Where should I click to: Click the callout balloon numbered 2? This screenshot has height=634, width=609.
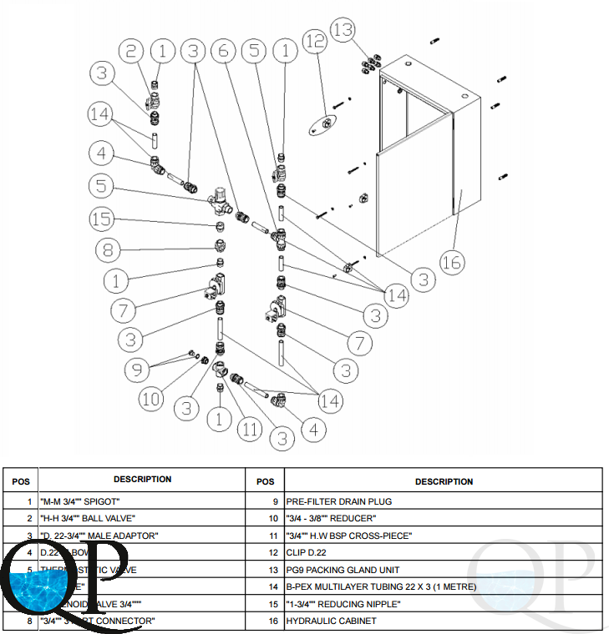click(130, 52)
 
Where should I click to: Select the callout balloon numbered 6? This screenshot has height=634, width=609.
click(223, 52)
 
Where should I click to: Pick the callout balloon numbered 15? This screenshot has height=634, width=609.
click(101, 219)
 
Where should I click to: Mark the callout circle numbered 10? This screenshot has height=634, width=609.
click(151, 399)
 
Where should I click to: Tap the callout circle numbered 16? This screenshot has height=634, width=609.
click(452, 263)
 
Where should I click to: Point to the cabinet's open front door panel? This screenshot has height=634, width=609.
click(414, 200)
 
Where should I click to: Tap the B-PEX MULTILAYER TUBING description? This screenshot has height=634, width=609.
click(381, 586)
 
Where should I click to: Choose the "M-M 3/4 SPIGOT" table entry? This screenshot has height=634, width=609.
click(80, 501)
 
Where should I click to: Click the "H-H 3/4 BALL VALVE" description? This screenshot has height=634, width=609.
click(87, 518)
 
